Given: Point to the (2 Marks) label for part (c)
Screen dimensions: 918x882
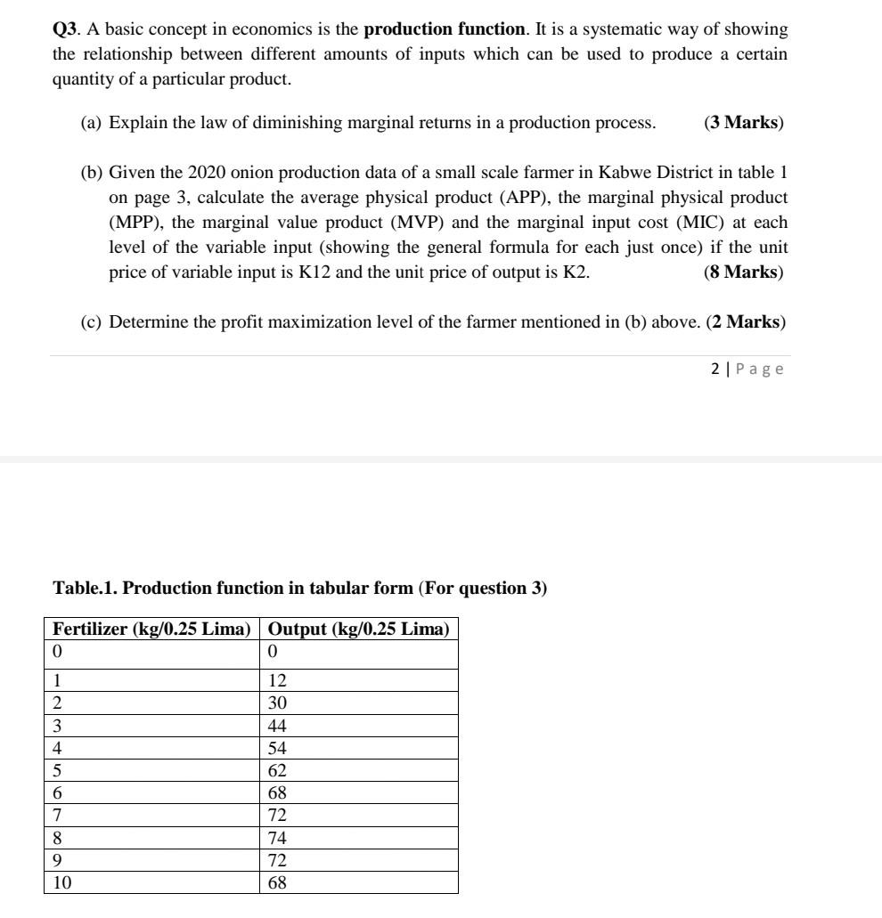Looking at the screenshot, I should (746, 322).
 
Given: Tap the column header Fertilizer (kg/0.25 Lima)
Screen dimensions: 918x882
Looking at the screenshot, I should (151, 629).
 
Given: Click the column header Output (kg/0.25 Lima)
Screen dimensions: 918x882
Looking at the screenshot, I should (359, 629).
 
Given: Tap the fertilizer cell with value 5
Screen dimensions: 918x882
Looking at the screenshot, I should (57, 770).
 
